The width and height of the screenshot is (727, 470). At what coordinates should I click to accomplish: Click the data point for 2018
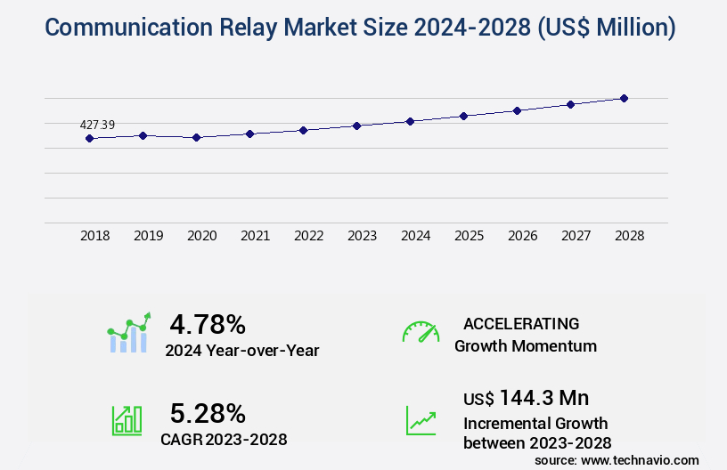[89, 138]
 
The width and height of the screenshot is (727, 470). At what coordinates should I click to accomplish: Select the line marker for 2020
[197, 138]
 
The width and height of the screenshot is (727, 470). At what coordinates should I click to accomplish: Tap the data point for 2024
[411, 121]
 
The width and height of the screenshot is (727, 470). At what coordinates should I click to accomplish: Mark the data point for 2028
[625, 98]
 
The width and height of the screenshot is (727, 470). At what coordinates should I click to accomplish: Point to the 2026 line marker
[518, 110]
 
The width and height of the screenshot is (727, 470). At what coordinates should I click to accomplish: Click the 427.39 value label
[97, 125]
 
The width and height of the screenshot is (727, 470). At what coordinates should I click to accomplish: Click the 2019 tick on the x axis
[149, 236]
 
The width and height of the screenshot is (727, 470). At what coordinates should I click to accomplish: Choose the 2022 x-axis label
[309, 236]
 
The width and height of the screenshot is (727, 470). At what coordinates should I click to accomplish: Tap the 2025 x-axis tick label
[470, 236]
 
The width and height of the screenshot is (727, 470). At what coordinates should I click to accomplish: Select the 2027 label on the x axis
[576, 236]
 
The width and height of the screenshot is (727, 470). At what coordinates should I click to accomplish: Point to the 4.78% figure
[208, 324]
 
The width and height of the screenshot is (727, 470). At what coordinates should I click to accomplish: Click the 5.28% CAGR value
[208, 413]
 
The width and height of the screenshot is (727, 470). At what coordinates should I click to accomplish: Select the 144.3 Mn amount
[543, 397]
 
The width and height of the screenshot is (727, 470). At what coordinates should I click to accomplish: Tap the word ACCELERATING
[521, 323]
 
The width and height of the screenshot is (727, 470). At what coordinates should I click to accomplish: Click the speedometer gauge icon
[421, 332]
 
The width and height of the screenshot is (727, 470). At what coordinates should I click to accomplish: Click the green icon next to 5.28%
[127, 420]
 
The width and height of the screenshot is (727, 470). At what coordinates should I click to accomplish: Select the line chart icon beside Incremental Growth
[421, 420]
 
